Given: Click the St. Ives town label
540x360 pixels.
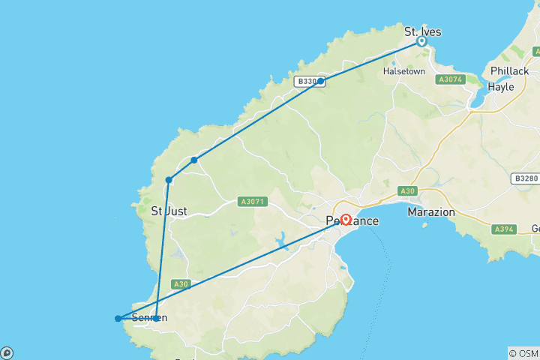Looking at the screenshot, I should [422, 31].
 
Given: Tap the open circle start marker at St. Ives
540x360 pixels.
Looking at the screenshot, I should [422, 42].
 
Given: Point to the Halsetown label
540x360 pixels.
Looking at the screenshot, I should [404, 71].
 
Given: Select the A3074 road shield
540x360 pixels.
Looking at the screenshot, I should [451, 79].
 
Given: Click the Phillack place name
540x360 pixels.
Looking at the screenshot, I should [509, 71].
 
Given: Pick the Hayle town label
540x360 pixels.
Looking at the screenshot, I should [501, 86].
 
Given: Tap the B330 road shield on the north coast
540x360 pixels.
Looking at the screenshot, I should [306, 82].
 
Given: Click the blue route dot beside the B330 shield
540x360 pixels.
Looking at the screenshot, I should [321, 81].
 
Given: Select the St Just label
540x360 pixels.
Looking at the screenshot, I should [169, 211].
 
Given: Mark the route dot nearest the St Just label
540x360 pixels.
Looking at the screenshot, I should [169, 180].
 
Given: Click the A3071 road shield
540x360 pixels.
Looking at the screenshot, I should [251, 202].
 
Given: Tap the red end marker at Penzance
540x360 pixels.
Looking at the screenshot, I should [346, 220].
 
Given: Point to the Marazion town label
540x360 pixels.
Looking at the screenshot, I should [431, 212].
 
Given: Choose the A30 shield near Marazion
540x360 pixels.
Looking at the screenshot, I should [408, 191].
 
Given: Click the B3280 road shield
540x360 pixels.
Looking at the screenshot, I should [526, 178].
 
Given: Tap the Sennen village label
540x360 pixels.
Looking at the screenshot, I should [148, 318].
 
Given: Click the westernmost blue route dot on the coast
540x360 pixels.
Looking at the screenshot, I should [118, 319].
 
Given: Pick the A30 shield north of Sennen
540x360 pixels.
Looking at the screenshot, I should [180, 284].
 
